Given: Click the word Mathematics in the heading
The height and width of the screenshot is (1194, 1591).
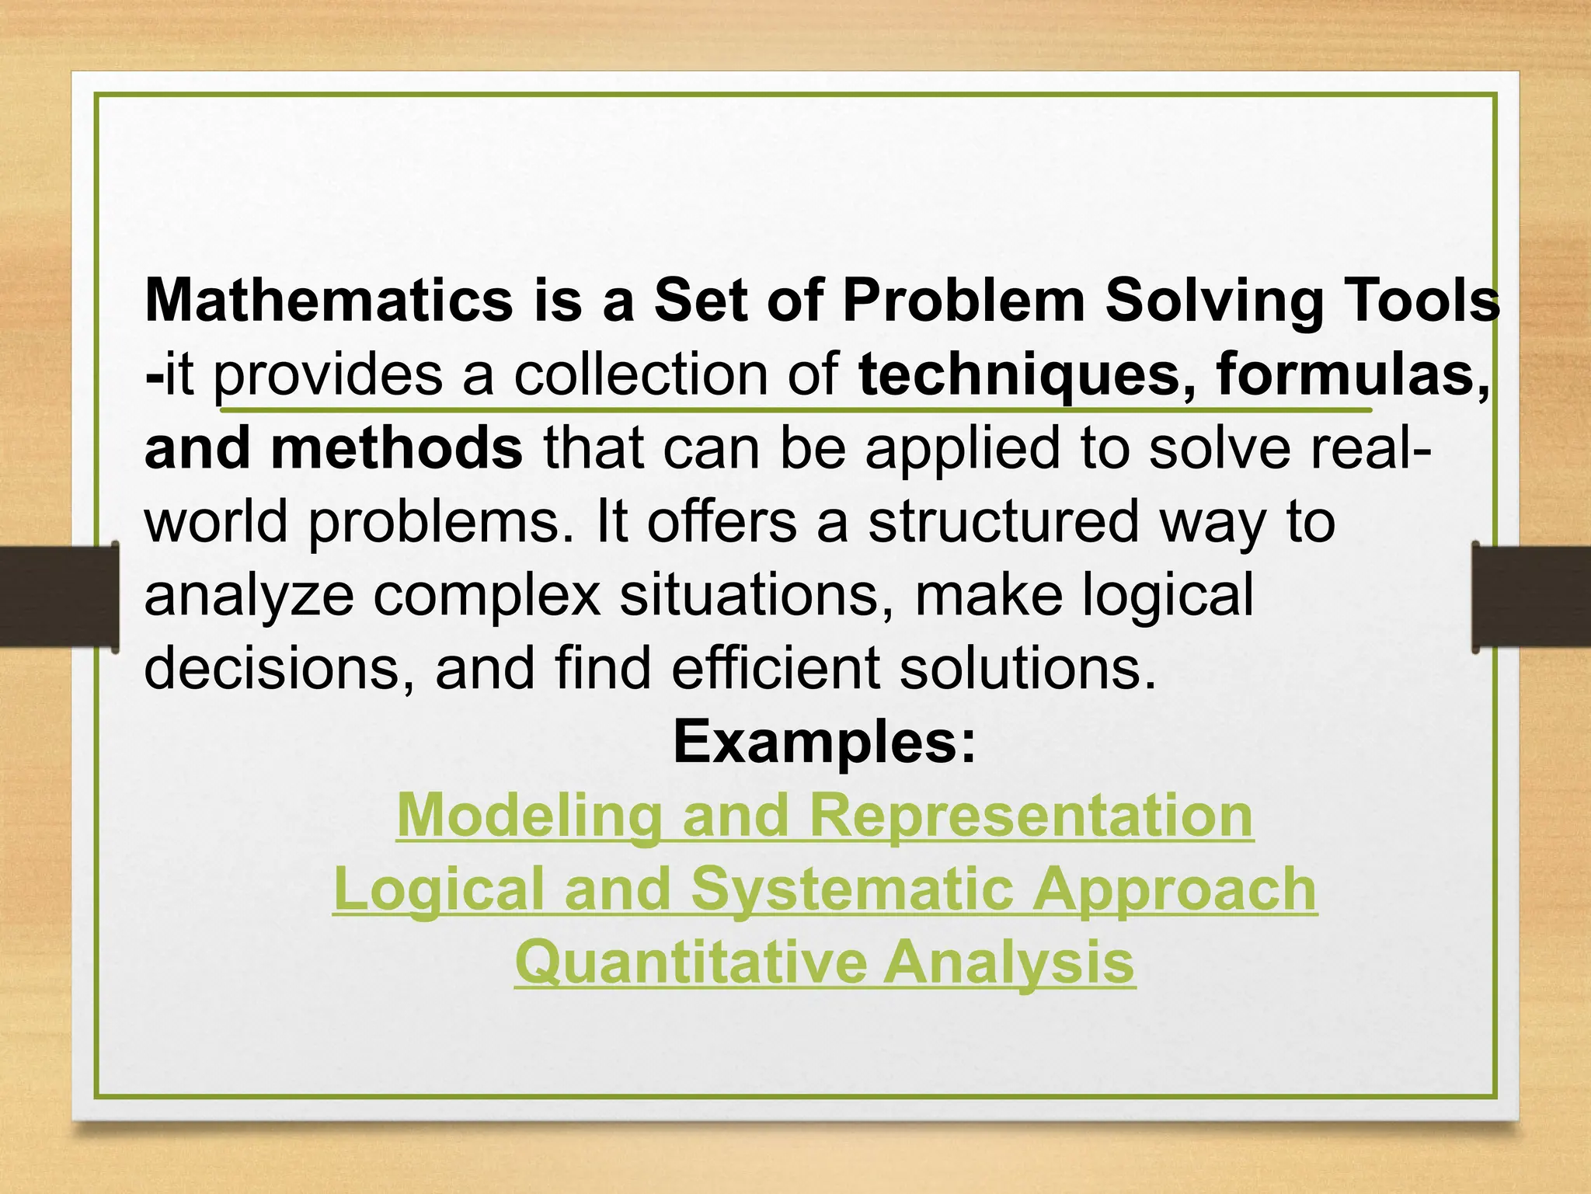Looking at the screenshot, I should pyautogui.click(x=329, y=301).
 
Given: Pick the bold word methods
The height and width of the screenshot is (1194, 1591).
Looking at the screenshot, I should pyautogui.click(x=396, y=448).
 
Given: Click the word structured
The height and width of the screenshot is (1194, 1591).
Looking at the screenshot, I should pyautogui.click(x=1003, y=521).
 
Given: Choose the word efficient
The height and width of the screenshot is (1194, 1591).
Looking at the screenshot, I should pyautogui.click(x=776, y=668).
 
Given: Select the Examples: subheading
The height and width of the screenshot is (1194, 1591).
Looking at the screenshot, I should pyautogui.click(x=824, y=742).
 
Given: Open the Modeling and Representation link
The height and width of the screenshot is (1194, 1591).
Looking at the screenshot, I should pyautogui.click(x=825, y=816).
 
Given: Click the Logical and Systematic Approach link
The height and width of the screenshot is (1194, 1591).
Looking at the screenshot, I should pyautogui.click(x=825, y=889).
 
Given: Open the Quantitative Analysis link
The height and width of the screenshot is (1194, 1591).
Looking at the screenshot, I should pyautogui.click(x=825, y=963).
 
